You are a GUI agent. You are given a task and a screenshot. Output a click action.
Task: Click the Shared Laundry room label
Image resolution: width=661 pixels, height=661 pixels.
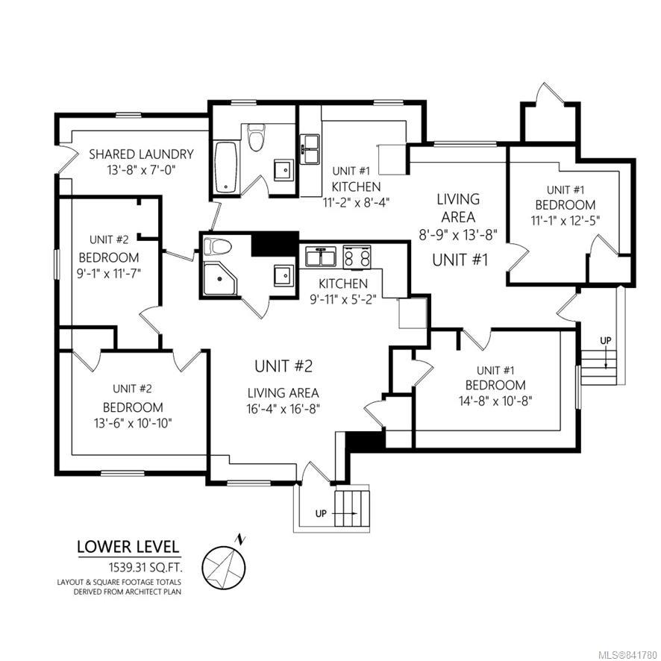[x=141, y=154]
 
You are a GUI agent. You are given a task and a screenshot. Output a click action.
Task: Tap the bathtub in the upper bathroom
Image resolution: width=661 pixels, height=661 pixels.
[x=225, y=167]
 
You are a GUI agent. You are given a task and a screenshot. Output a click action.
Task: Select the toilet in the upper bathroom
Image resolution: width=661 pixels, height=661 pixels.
[x=256, y=137]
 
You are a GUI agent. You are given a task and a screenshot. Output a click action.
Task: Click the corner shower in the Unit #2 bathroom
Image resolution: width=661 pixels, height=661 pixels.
[x=219, y=279]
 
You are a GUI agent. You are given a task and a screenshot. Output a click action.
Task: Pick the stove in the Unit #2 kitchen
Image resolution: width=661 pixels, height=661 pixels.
[x=357, y=257]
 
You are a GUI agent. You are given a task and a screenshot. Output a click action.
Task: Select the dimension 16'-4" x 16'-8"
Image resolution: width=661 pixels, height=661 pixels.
[x=283, y=409]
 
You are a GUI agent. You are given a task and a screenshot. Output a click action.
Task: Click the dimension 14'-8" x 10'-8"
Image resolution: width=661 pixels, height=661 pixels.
[x=495, y=401]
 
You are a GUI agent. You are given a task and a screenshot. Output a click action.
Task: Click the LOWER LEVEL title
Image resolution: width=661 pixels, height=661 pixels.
[x=128, y=547]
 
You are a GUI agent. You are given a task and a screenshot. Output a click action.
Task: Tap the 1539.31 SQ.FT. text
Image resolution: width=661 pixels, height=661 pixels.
[x=146, y=568]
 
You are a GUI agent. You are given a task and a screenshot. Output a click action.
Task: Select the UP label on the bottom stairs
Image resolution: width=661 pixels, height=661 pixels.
[x=322, y=514]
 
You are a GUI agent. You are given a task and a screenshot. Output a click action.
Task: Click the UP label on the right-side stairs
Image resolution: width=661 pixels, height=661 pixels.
[x=605, y=340]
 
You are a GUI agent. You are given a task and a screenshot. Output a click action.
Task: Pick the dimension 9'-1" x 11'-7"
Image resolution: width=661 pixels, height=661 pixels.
[x=108, y=274]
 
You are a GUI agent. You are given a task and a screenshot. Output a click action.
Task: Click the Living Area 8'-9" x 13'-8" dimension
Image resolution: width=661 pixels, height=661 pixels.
[x=458, y=235]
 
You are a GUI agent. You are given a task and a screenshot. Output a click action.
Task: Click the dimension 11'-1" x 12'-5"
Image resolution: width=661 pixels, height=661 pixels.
[x=566, y=221]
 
